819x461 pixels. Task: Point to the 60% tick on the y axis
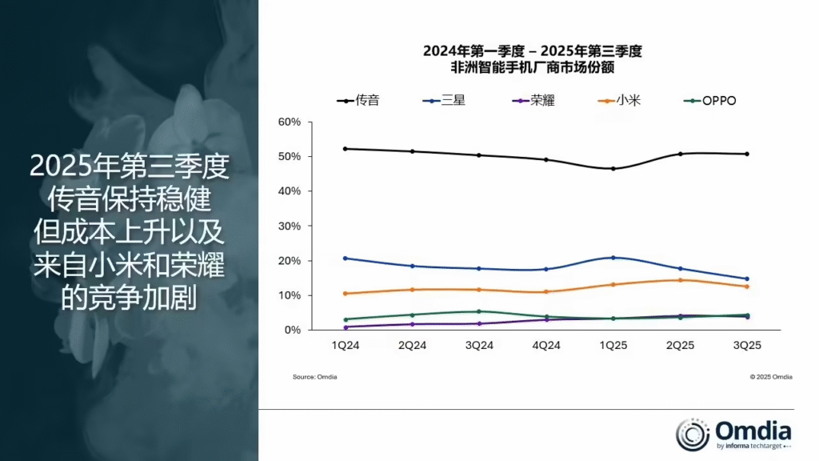290,122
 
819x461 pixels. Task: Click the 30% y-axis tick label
290,226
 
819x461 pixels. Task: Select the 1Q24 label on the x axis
346,346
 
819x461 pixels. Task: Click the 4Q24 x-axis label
546,346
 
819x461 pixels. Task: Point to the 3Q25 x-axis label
747,346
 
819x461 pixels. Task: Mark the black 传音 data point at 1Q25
613,168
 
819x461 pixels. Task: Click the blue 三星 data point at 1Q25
613,258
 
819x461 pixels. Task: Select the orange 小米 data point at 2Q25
681,280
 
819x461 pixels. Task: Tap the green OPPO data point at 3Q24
479,311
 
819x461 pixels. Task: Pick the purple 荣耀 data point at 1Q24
346,327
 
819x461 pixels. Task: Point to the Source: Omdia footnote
315,377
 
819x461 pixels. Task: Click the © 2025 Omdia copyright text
771,377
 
